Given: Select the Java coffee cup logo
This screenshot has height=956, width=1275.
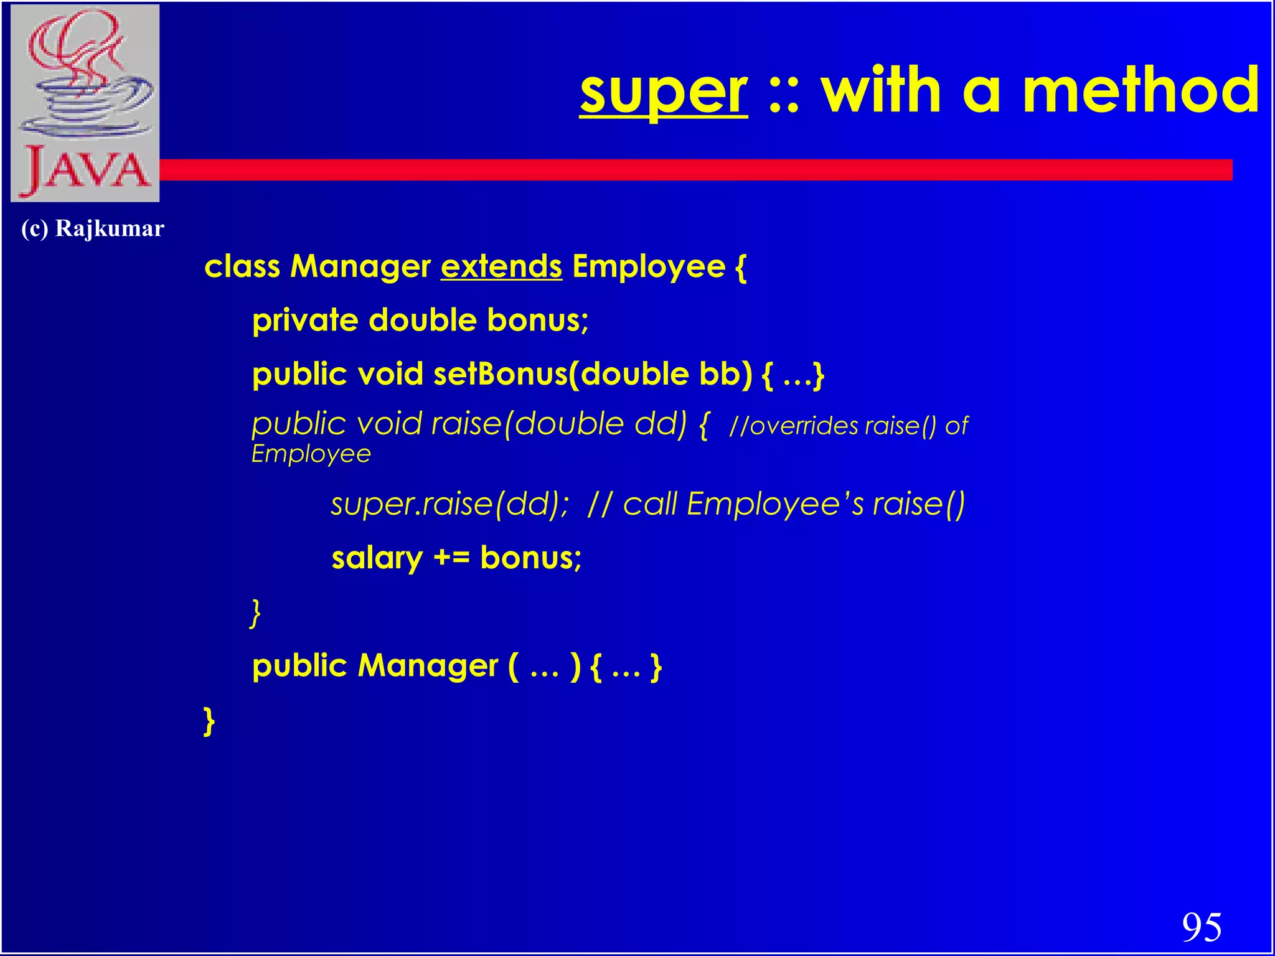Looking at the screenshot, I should (x=85, y=103).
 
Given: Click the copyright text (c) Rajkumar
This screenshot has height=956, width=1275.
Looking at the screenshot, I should (x=92, y=228).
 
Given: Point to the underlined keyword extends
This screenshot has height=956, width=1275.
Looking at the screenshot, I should (x=501, y=267).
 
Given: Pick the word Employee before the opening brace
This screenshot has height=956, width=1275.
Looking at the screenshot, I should (x=648, y=267).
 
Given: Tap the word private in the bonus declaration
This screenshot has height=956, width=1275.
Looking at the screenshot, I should (x=305, y=321).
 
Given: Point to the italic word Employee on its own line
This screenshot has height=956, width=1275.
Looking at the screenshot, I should (x=311, y=454).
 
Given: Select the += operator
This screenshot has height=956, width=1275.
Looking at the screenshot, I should (x=451, y=558).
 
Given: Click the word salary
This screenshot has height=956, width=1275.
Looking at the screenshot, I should (x=377, y=558).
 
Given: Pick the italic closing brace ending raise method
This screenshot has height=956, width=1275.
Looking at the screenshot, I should (x=255, y=613).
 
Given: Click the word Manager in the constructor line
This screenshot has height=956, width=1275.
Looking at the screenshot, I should (x=428, y=666).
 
